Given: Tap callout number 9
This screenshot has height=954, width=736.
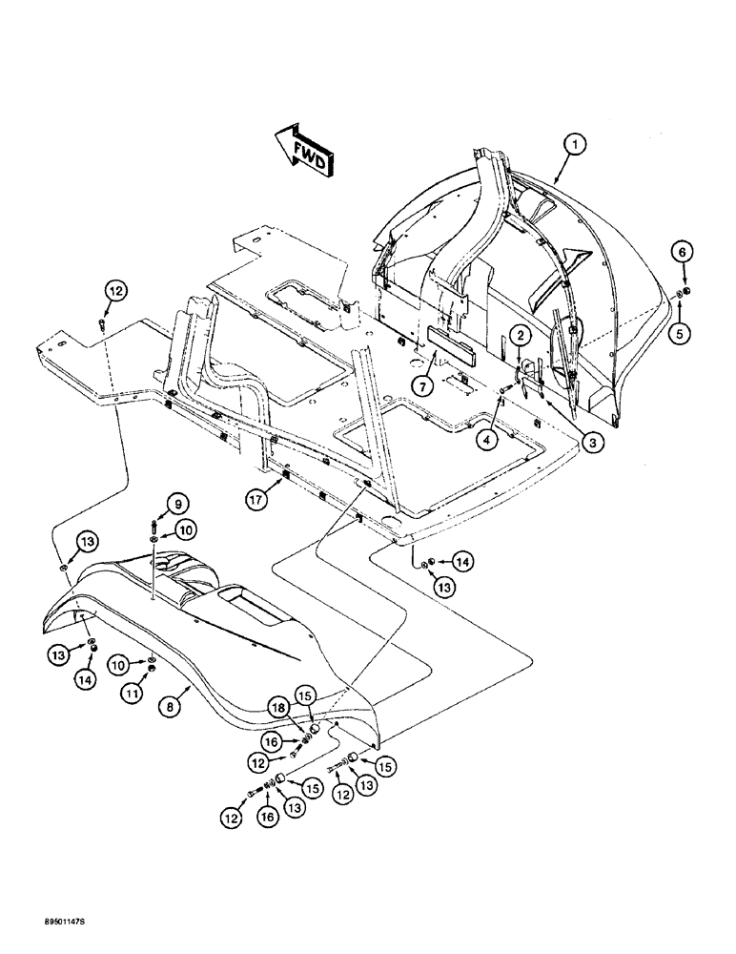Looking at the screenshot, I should point(153,503).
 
